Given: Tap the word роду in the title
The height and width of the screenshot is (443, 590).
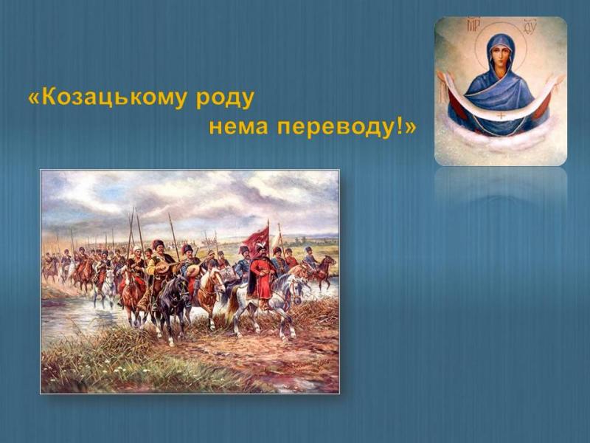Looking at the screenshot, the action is coord(225,99).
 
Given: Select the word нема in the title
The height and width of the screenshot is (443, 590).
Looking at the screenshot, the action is coord(238,127).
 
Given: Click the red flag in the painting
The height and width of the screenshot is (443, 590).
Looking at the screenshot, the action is coord(257,236).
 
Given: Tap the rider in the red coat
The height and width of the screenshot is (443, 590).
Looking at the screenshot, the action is coord(262,274).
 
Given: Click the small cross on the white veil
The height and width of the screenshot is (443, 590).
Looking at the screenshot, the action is coord(502,114).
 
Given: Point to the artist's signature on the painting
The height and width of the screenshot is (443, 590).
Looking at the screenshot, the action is coord(308,365).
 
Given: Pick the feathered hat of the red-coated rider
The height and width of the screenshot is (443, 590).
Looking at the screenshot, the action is coord(260,246).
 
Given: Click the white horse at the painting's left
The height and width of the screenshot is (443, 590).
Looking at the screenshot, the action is coord(106,286).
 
